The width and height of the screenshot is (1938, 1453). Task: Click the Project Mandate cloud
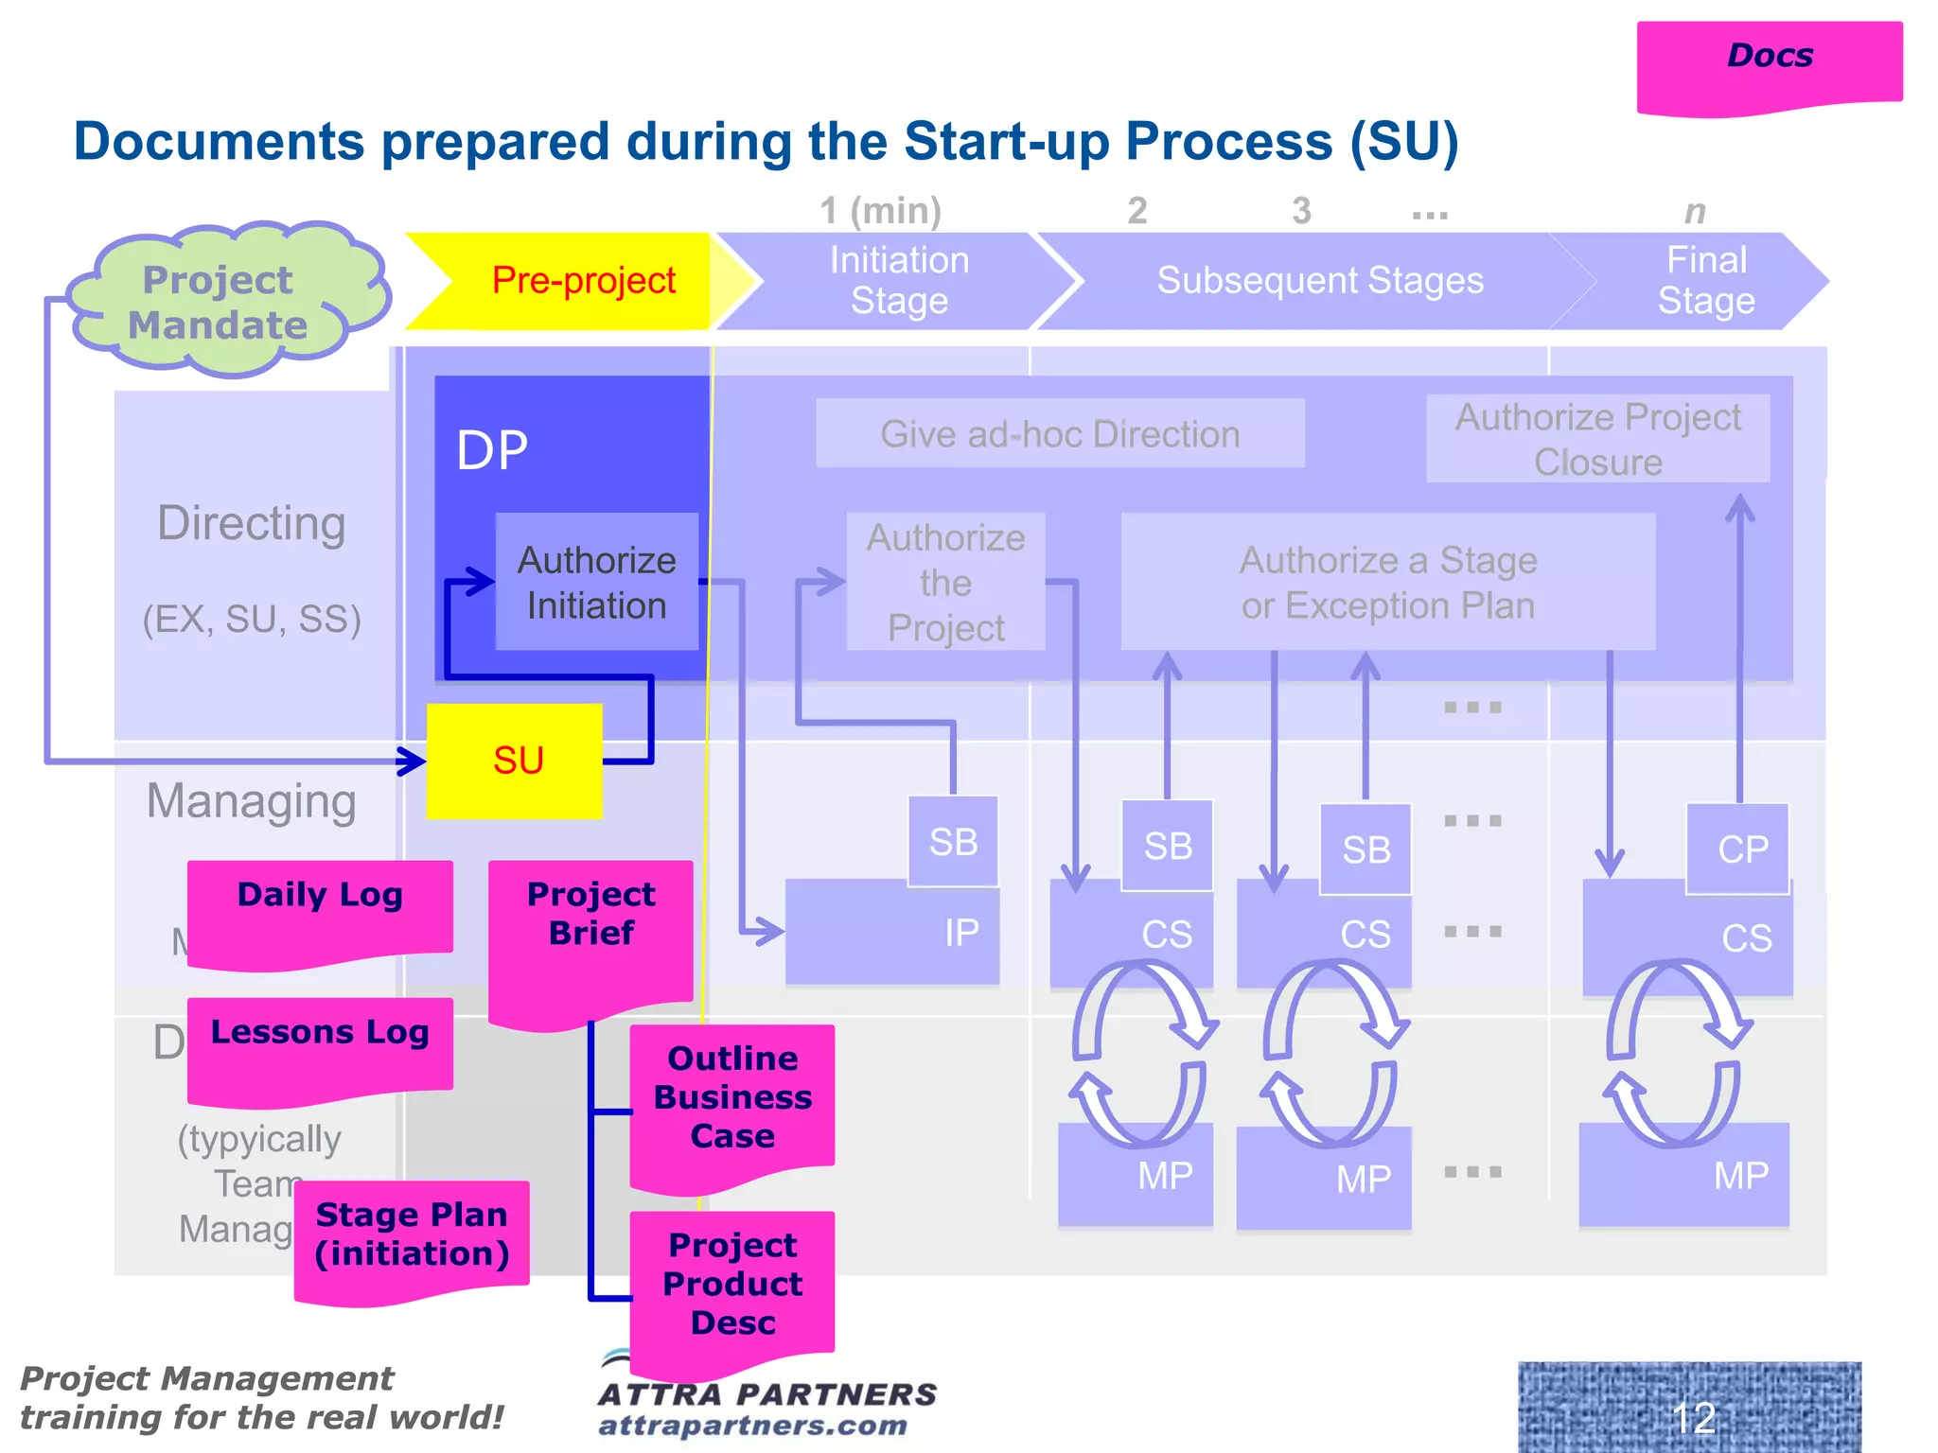pyautogui.click(x=220, y=301)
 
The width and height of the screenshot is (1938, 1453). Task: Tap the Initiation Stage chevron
pyautogui.click(x=899, y=281)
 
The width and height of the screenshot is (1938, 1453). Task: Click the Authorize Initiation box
pyautogui.click(x=597, y=582)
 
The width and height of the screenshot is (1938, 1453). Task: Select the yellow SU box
pyautogui.click(x=515, y=761)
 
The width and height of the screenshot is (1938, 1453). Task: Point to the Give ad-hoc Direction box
pyautogui.click(x=1060, y=433)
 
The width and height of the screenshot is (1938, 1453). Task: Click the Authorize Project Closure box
pyautogui.click(x=1597, y=439)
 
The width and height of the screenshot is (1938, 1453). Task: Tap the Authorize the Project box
pyautogui.click(x=945, y=582)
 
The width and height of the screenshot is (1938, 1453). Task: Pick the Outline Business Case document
pyautogui.click(x=732, y=1102)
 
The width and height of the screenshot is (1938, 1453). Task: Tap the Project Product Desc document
pyautogui.click(x=732, y=1287)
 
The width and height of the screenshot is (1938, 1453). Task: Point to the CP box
pyautogui.click(x=1739, y=849)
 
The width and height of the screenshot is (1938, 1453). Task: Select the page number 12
pyautogui.click(x=1692, y=1416)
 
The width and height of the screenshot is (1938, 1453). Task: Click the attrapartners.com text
pyautogui.click(x=753, y=1426)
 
